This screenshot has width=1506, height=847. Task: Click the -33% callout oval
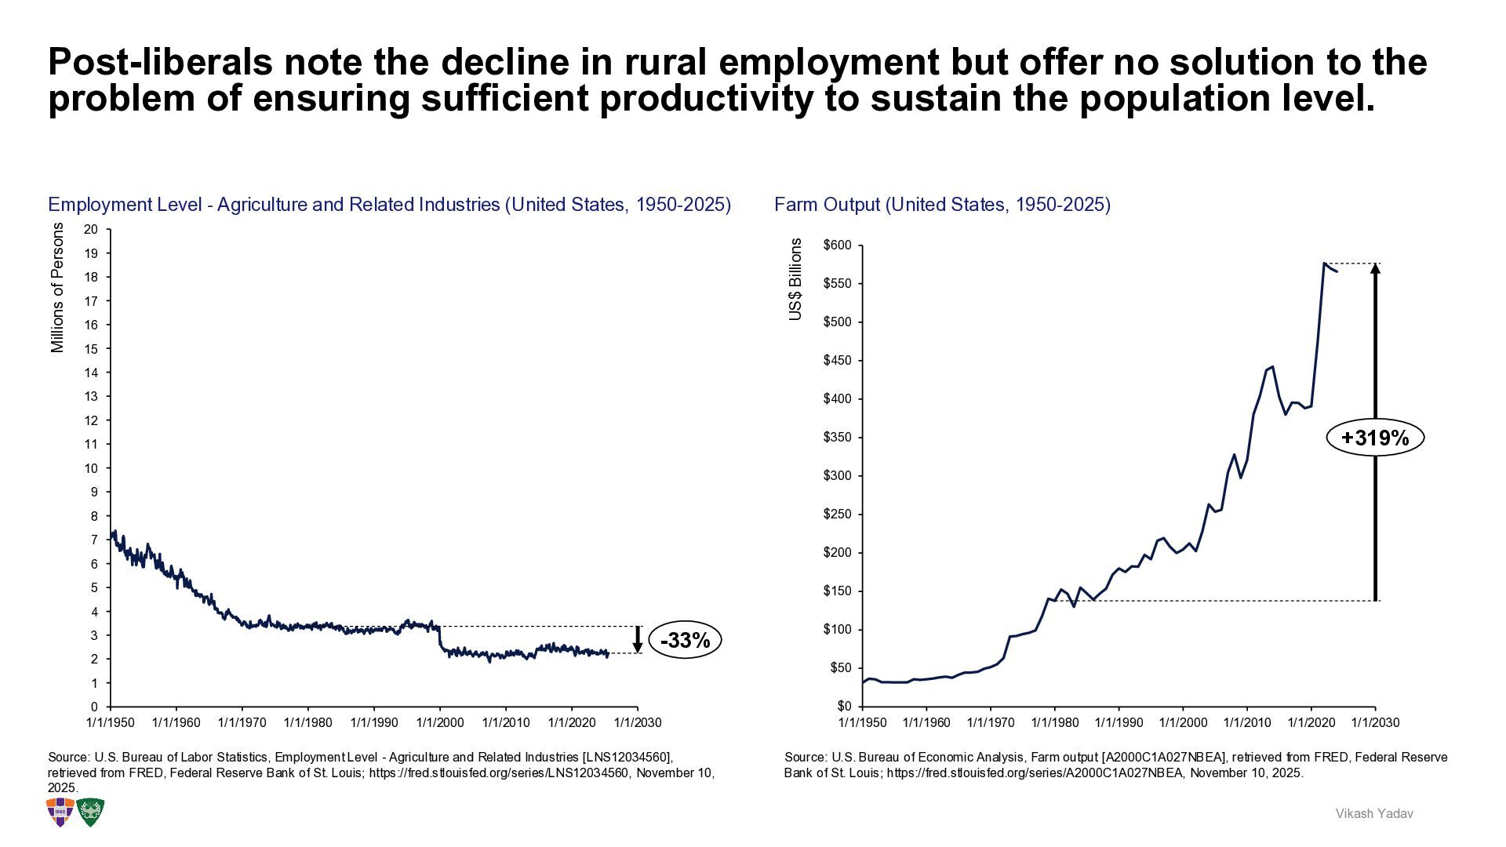685,641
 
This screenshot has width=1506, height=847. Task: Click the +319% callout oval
1374,438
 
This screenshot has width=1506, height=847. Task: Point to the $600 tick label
837,245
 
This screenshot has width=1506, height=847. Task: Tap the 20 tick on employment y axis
91,229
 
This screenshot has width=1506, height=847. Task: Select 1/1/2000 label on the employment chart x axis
439,722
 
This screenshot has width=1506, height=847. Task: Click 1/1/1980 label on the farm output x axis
1055,722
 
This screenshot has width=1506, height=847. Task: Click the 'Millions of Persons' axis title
57,287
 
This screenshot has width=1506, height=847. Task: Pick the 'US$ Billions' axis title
796,279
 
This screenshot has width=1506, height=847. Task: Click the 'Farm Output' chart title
942,205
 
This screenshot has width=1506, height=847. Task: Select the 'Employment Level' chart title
389,205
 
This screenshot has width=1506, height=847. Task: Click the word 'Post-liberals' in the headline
160,62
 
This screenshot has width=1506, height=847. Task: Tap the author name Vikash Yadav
1374,814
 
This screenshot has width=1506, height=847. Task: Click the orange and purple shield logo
60,812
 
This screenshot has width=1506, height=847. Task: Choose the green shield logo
91,812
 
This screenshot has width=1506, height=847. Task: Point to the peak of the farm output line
1324,264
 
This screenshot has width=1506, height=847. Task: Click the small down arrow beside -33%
638,640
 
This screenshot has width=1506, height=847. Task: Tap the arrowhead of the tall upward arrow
1375,269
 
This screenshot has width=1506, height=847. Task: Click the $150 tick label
837,591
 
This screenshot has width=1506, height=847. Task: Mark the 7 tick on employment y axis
94,540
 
